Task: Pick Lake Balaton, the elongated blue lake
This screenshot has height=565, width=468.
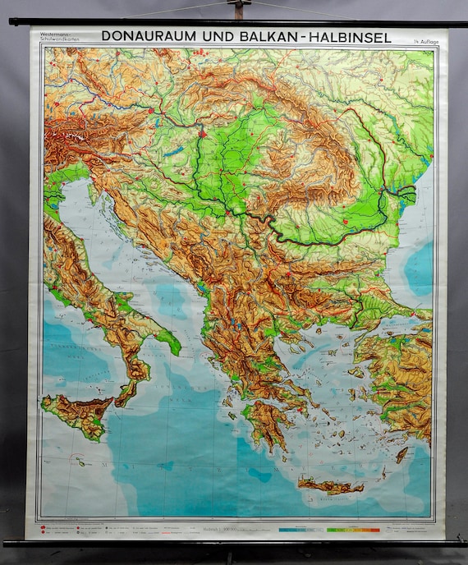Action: coord(173,151)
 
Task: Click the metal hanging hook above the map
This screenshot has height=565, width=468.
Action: coord(239,10)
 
